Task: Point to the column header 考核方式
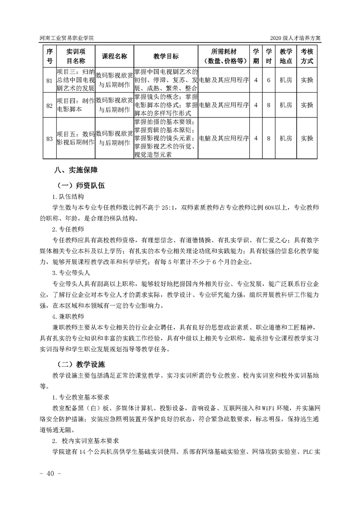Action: (x=307, y=56)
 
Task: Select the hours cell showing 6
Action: (x=269, y=80)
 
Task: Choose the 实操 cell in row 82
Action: (x=307, y=105)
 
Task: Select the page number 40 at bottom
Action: (x=48, y=474)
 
